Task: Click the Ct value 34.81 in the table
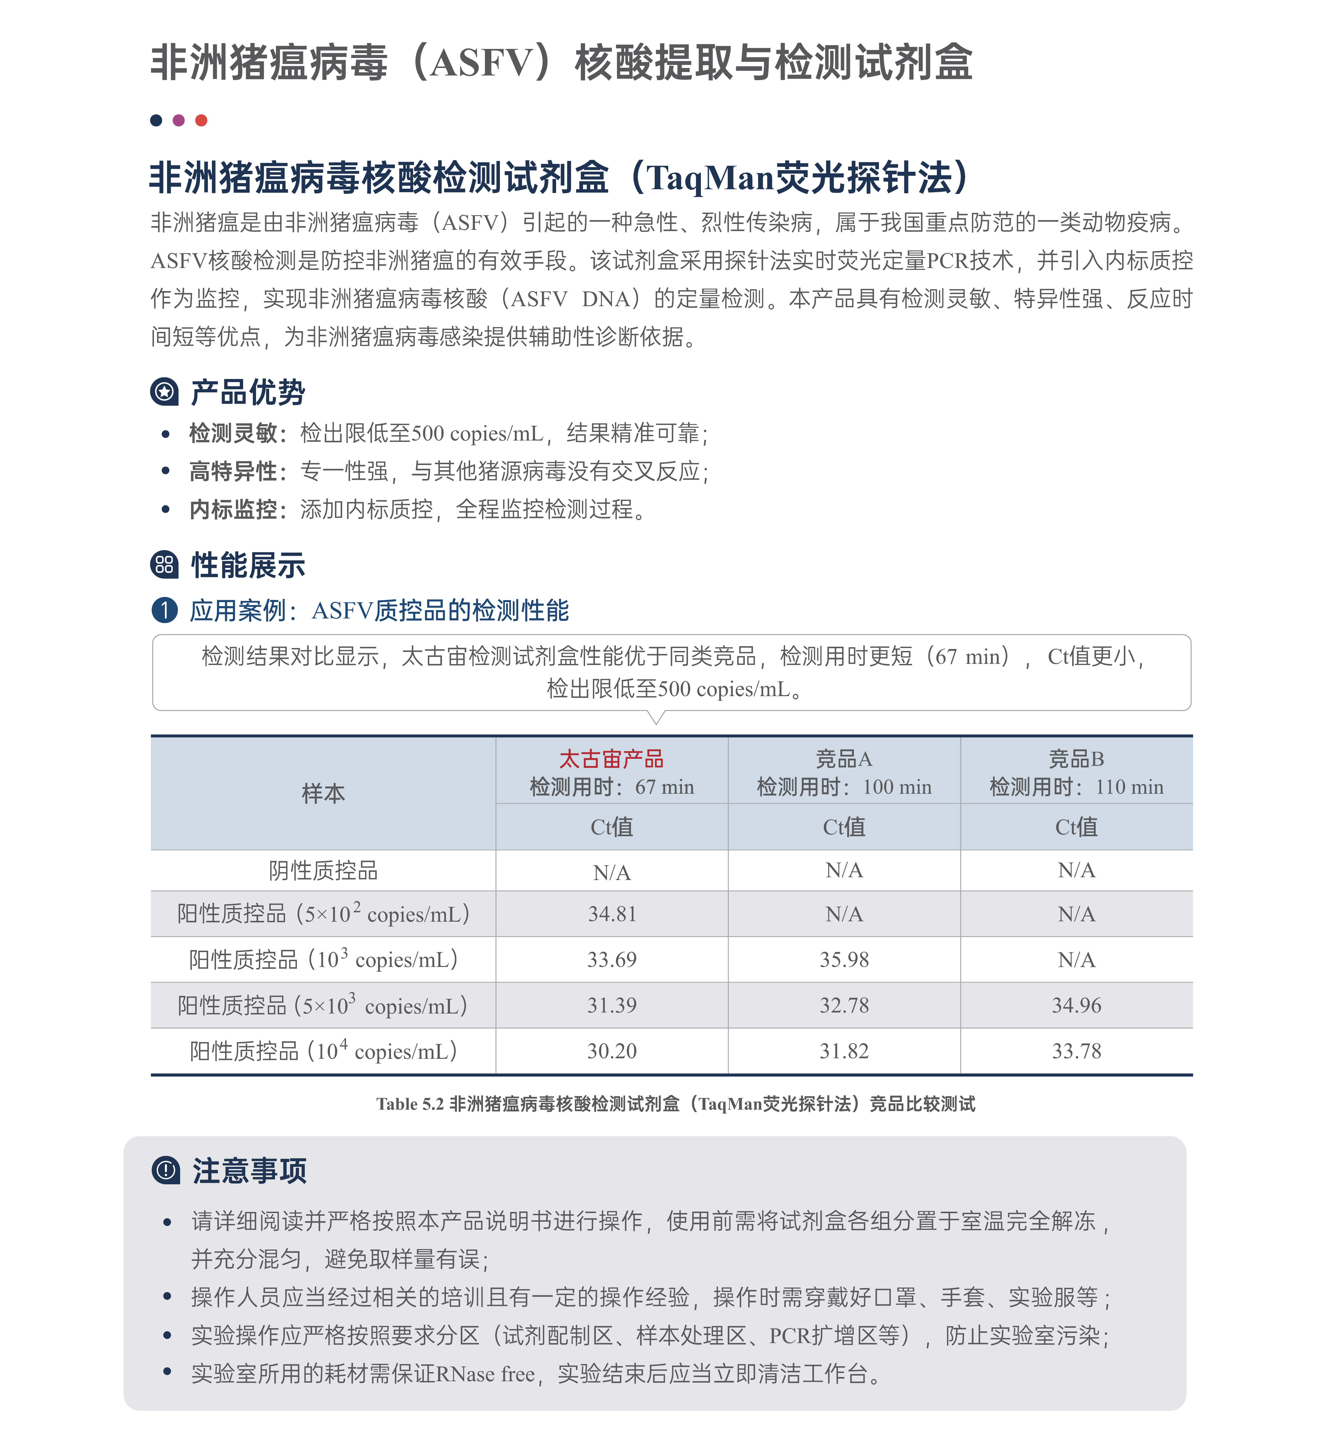(x=612, y=914)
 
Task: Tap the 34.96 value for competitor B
(x=1076, y=1005)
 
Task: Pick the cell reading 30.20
(x=612, y=1051)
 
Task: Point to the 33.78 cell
(x=1076, y=1051)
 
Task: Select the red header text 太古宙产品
(x=612, y=759)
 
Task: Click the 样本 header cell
(x=323, y=793)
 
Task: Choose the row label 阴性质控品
(x=323, y=870)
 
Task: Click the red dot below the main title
(x=201, y=120)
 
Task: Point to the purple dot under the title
(x=178, y=120)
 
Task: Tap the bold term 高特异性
(x=233, y=471)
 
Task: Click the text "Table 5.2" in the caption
(x=410, y=1104)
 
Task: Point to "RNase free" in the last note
(x=485, y=1374)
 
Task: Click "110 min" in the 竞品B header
(x=1129, y=787)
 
